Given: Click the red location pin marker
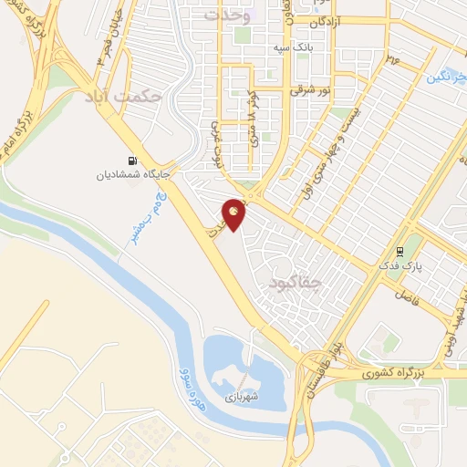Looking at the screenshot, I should coord(234,214).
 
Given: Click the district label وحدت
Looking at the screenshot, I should coord(225,16).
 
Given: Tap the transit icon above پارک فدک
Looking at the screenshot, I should coord(400,252).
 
